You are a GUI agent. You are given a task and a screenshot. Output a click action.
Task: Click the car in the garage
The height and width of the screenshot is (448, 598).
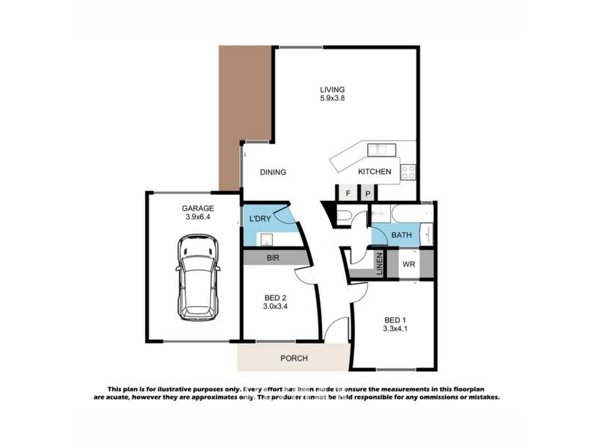197,278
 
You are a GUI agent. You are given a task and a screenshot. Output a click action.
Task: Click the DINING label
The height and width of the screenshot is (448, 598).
273,172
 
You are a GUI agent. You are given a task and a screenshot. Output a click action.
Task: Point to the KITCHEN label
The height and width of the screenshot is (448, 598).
374,172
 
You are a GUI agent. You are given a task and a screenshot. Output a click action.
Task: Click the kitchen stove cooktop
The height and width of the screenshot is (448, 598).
409,172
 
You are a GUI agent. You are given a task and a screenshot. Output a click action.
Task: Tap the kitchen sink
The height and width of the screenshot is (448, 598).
377,150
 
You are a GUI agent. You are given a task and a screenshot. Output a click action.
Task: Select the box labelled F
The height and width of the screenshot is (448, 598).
348,193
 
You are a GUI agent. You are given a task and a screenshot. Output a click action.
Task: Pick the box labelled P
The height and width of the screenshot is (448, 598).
368,193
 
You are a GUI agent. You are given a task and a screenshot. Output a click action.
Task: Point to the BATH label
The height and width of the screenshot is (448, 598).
402,236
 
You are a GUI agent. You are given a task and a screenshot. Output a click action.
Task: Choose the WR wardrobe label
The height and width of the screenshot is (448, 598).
409,264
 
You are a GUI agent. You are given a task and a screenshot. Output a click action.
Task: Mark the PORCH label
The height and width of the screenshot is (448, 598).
294,358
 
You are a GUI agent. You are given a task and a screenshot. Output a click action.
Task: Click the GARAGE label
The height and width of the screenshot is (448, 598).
197,208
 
